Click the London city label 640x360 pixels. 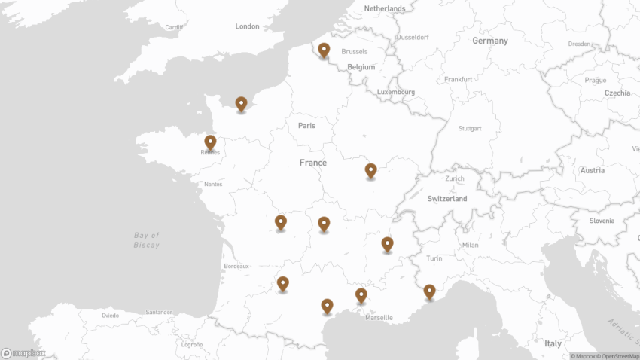pos(247,26)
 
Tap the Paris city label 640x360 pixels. pos(306,126)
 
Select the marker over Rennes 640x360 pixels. pos(210,142)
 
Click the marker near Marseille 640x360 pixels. pos(361,294)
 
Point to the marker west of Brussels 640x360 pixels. pos(324,50)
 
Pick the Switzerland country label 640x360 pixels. pos(447,199)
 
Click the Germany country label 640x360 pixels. pos(490,41)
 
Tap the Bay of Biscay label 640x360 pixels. pos(146,240)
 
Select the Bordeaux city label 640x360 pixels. pos(236,267)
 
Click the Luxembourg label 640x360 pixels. pos(396,92)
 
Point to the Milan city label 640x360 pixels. pos(471,245)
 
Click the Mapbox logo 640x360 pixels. pos(23,353)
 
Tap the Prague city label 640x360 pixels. pos(595,80)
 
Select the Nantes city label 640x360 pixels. pos(213,184)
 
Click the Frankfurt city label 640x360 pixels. pos(458,79)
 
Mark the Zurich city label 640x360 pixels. pos(455,178)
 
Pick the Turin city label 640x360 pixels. pos(434,258)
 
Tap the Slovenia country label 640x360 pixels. pos(602,221)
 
